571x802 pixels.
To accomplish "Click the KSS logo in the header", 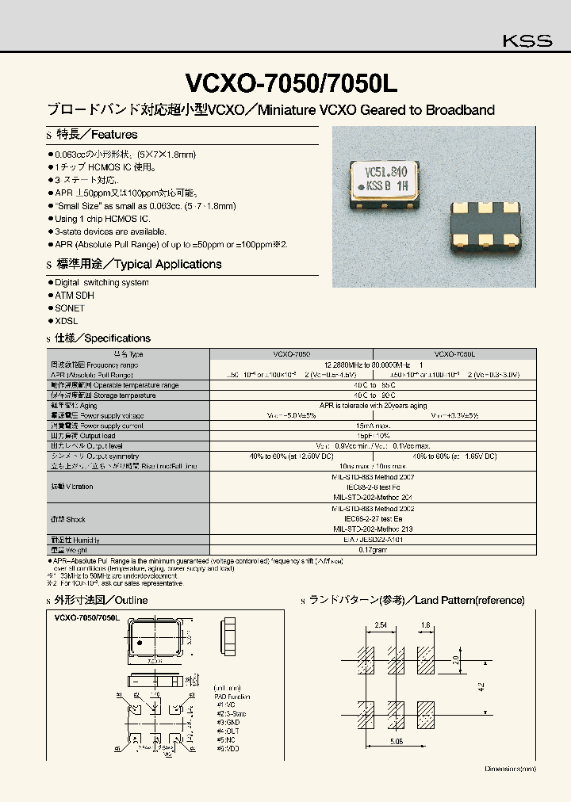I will [527, 41].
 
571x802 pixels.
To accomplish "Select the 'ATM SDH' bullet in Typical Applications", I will [75, 295].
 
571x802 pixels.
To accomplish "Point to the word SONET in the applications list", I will [70, 307].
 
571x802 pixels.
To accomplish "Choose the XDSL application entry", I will [67, 320].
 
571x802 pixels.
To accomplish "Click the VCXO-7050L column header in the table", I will [454, 354].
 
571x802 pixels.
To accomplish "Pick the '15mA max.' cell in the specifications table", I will [362, 426].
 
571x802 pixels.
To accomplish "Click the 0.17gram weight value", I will [362, 548].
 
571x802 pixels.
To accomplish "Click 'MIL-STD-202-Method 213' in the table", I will [362, 528].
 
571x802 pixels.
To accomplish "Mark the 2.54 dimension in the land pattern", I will [381, 625].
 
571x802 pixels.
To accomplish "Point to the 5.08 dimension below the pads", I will [397, 741].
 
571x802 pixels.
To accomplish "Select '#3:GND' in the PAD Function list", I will [227, 723].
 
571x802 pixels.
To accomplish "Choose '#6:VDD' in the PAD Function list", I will [227, 748].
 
